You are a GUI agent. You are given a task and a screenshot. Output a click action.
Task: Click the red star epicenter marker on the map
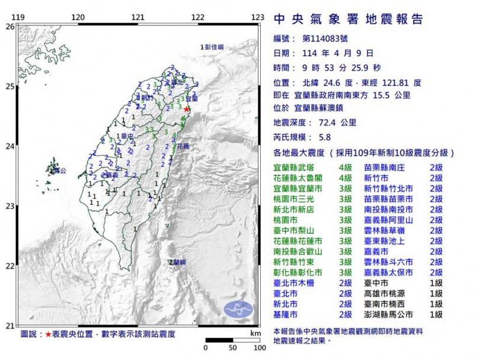pyautogui.click(x=187, y=109)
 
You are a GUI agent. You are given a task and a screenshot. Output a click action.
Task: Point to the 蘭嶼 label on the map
pyautogui.click(x=177, y=261)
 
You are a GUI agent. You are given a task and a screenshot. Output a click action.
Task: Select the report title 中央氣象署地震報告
pyautogui.click(x=348, y=20)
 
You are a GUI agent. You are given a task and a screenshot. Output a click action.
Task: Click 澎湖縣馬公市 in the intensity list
pyautogui.click(x=389, y=314)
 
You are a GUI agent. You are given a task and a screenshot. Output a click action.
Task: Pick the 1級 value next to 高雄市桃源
pyautogui.click(x=436, y=293)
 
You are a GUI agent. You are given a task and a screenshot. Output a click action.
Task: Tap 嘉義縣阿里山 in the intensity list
pyautogui.click(x=389, y=220)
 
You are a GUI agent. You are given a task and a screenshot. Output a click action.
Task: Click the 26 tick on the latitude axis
pyautogui.click(x=10, y=27)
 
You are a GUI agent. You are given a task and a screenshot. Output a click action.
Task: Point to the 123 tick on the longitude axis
pyautogui.click(x=257, y=17)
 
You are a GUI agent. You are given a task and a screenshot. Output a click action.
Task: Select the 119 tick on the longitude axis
pyautogui.click(x=18, y=17)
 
